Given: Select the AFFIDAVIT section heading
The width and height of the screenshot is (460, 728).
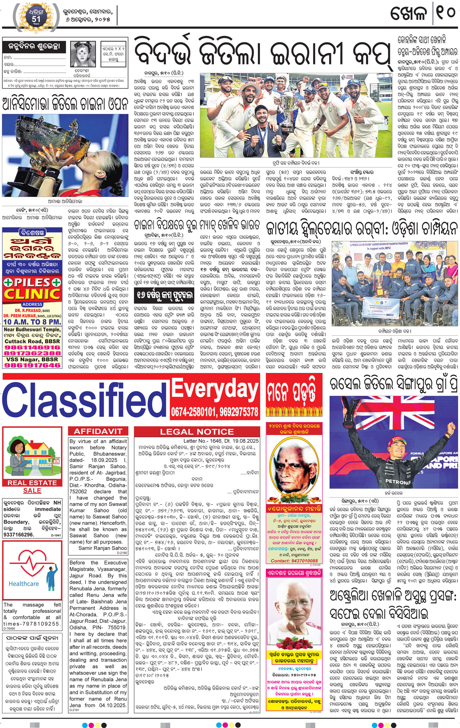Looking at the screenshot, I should click(x=98, y=431).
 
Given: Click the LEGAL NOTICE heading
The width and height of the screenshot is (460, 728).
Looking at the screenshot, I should click(x=197, y=432).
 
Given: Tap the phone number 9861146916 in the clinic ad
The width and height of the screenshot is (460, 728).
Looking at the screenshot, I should click(x=32, y=347).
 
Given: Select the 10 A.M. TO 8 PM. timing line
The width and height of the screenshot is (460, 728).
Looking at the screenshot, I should click(x=32, y=322).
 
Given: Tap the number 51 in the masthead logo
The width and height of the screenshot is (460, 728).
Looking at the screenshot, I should click(x=36, y=19).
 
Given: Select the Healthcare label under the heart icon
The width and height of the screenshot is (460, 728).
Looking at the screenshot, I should click(x=24, y=584).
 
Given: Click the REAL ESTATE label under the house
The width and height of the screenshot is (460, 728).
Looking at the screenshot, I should click(x=32, y=483).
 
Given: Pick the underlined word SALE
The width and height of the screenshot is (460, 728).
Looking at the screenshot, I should click(x=32, y=491).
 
